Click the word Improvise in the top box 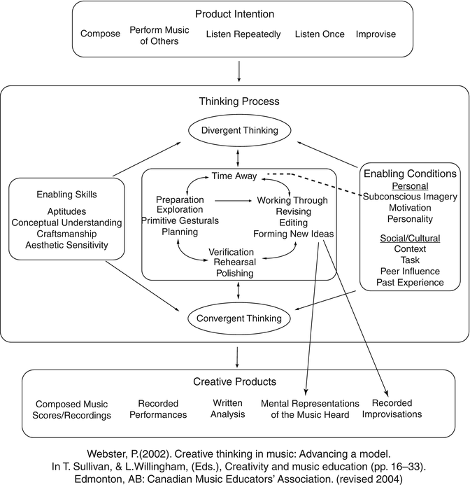tap(376, 34)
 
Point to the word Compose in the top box tap(100, 34)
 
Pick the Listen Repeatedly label tap(243, 34)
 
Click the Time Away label tap(235, 176)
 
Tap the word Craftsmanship tap(67, 233)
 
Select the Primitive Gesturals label tap(180, 220)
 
